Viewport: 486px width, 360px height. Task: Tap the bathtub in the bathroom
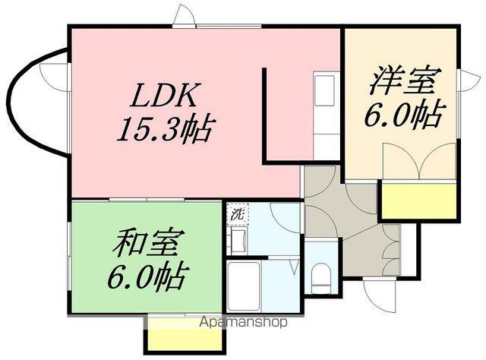point(244,286)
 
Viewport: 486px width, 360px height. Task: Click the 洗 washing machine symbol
point(236,214)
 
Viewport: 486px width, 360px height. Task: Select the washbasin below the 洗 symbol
point(236,242)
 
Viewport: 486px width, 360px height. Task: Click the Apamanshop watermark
point(242,322)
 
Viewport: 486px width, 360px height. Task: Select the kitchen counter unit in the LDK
point(327,115)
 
